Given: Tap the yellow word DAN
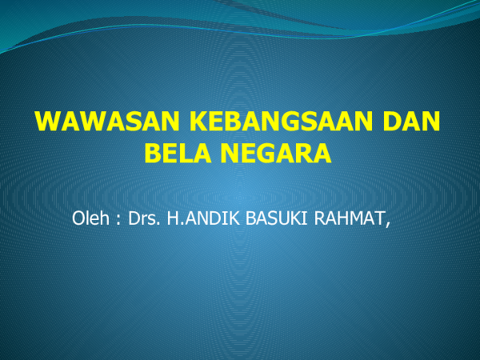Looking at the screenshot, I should (413, 122).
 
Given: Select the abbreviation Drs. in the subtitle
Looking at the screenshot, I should (142, 218).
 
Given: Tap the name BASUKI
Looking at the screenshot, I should (270, 218).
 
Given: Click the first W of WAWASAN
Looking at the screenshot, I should (47, 122).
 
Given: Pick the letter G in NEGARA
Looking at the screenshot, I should (272, 152).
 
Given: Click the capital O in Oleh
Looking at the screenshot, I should (77, 218).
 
